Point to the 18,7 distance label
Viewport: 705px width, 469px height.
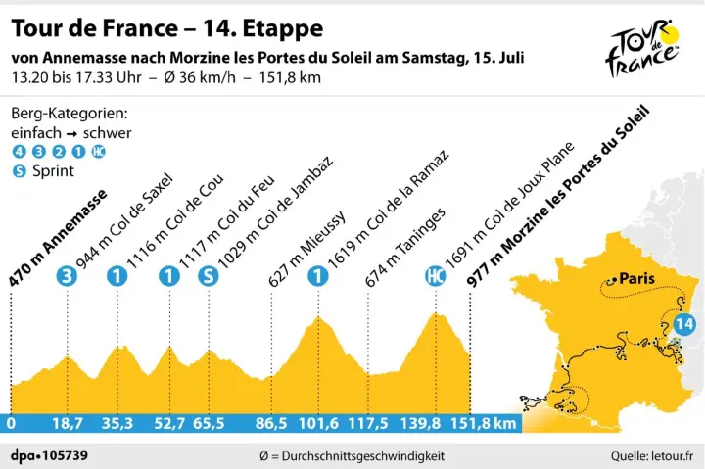[x=67, y=423]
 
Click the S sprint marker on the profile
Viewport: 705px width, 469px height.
[x=207, y=276]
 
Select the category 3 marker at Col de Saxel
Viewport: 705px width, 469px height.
[x=67, y=276]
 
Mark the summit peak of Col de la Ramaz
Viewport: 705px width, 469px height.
[x=317, y=317]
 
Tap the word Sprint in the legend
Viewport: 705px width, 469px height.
[x=53, y=169]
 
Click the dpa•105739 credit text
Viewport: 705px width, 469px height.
[x=46, y=454]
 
